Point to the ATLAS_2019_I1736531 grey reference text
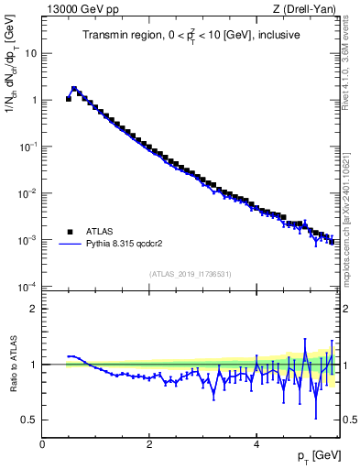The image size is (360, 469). [x=190, y=274]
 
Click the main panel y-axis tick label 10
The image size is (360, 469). [x=32, y=53]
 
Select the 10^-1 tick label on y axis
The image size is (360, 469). [x=29, y=147]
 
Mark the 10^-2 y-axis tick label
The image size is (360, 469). [x=29, y=193]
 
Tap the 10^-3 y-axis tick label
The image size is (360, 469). [x=29, y=240]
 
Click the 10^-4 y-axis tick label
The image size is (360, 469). [x=29, y=287]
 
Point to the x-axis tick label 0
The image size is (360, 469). [x=42, y=444]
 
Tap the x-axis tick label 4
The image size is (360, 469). [x=256, y=444]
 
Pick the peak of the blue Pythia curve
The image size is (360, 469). [x=73, y=89]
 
